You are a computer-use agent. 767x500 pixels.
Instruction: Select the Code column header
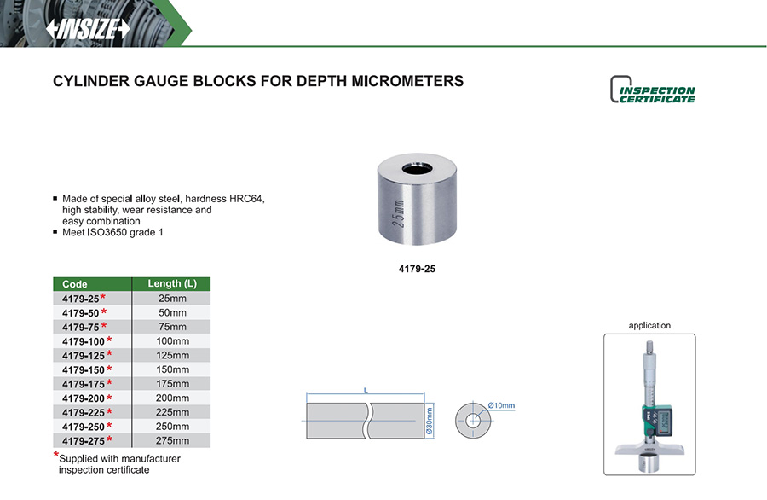(75, 284)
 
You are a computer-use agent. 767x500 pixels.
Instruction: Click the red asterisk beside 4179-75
(104, 326)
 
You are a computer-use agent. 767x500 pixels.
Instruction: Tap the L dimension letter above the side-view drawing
(366, 391)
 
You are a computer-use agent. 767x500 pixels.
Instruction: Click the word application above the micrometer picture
(649, 325)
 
